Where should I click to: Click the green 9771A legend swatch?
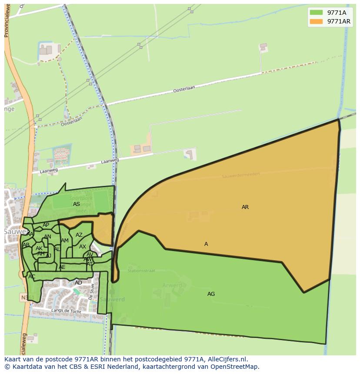pyautogui.click(x=316, y=13)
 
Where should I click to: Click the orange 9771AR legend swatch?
pyautogui.click(x=316, y=21)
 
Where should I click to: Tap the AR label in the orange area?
pyautogui.click(x=245, y=207)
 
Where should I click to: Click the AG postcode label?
pyautogui.click(x=211, y=294)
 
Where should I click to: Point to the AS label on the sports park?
pyautogui.click(x=77, y=204)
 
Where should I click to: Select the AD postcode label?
pyautogui.click(x=78, y=283)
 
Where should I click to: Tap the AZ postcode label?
pyautogui.click(x=79, y=235)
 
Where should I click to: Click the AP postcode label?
pyautogui.click(x=46, y=225)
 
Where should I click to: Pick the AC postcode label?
pyautogui.click(x=32, y=277)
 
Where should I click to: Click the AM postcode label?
pyautogui.click(x=65, y=241)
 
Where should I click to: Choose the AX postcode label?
pyautogui.click(x=82, y=247)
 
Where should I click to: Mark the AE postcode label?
pyautogui.click(x=62, y=267)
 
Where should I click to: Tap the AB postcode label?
pyautogui.click(x=26, y=245)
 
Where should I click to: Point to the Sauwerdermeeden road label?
pyautogui.click(x=240, y=175)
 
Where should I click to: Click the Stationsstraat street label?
pyautogui.click(x=141, y=271)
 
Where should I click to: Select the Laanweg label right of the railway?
pyautogui.click(x=110, y=161)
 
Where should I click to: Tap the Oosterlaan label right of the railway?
pyautogui.click(x=184, y=89)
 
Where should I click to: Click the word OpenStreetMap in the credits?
pyautogui.click(x=236, y=366)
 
